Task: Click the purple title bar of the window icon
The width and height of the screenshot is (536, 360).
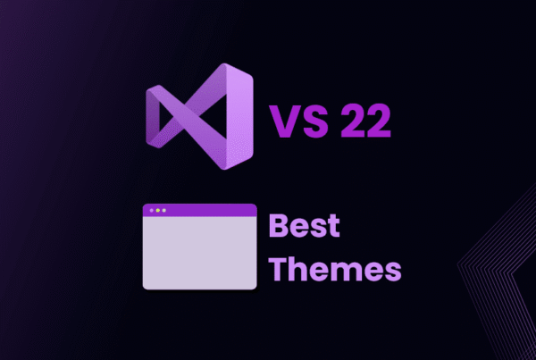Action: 199,211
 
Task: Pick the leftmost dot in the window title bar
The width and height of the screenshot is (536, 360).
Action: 152,211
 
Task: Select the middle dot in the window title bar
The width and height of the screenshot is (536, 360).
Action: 158,211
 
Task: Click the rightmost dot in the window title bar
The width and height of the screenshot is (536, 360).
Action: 164,211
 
